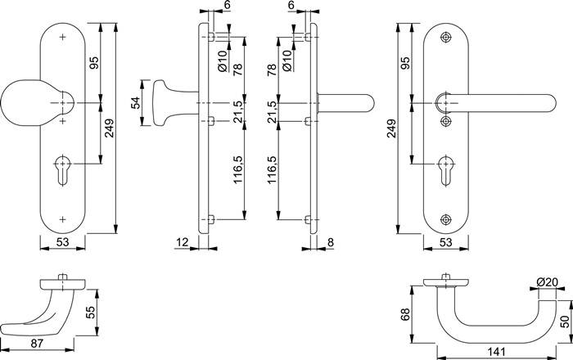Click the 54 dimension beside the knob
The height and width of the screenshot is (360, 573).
click(x=135, y=103)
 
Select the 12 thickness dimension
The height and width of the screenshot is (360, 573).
click(x=182, y=242)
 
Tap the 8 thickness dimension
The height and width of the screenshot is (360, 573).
click(x=331, y=242)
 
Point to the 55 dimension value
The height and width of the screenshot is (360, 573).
click(x=90, y=313)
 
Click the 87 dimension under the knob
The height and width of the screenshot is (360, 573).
click(x=38, y=343)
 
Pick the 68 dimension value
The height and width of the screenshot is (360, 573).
click(x=405, y=315)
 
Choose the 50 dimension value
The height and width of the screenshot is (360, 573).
click(x=565, y=322)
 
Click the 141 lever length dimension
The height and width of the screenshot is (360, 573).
click(x=496, y=352)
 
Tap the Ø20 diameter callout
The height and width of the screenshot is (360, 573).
click(x=547, y=282)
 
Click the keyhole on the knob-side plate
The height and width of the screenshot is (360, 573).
click(x=62, y=169)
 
